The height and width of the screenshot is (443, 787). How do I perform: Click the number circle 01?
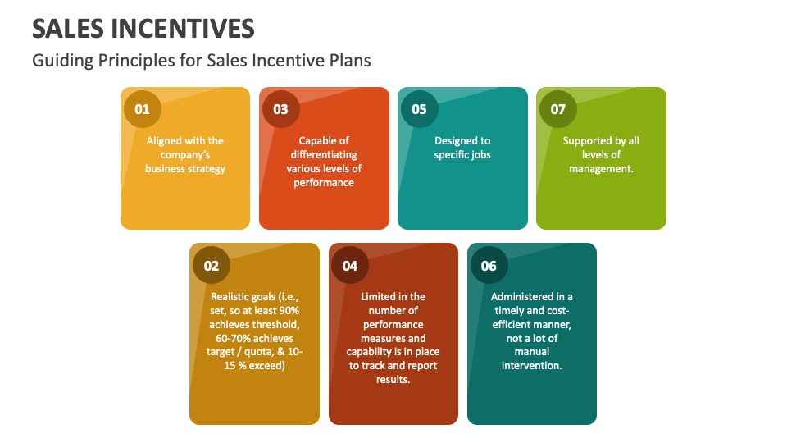pyautogui.click(x=143, y=109)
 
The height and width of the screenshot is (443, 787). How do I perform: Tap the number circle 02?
pyautogui.click(x=212, y=265)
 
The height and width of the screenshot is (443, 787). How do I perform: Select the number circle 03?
pyautogui.click(x=280, y=109)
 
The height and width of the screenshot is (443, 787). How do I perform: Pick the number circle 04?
pyautogui.click(x=350, y=265)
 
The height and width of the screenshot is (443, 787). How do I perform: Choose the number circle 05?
pyautogui.click(x=419, y=109)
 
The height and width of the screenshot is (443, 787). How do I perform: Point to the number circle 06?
pyautogui.click(x=489, y=265)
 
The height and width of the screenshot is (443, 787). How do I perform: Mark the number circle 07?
pyautogui.click(x=557, y=109)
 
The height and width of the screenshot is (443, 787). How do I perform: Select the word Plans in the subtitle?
pyautogui.click(x=350, y=61)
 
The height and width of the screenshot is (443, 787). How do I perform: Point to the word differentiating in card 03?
pyautogui.click(x=324, y=154)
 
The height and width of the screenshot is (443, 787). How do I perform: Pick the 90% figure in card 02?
pyautogui.click(x=288, y=310)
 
